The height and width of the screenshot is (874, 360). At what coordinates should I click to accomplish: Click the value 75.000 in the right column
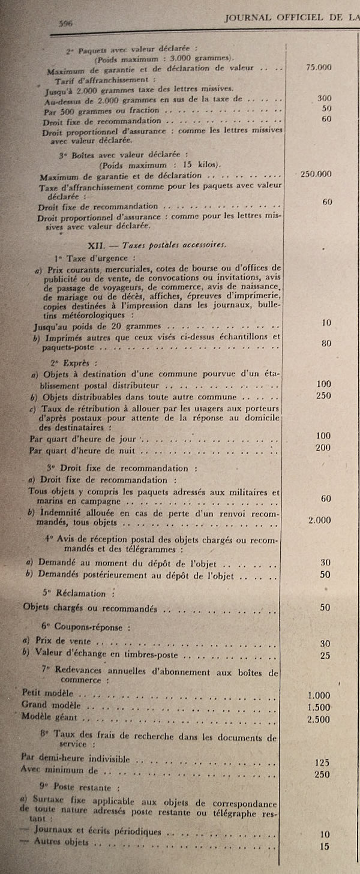click(x=319, y=68)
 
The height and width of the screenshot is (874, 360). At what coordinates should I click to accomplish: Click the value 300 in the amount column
click(x=325, y=98)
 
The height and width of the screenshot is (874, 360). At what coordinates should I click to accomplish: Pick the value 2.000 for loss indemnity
click(x=319, y=520)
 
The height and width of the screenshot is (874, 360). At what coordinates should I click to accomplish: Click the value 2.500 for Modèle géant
click(x=319, y=718)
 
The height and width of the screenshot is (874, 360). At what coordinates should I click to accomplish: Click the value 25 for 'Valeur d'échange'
click(x=325, y=656)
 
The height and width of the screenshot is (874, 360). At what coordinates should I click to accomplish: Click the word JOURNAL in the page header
click(x=248, y=18)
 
